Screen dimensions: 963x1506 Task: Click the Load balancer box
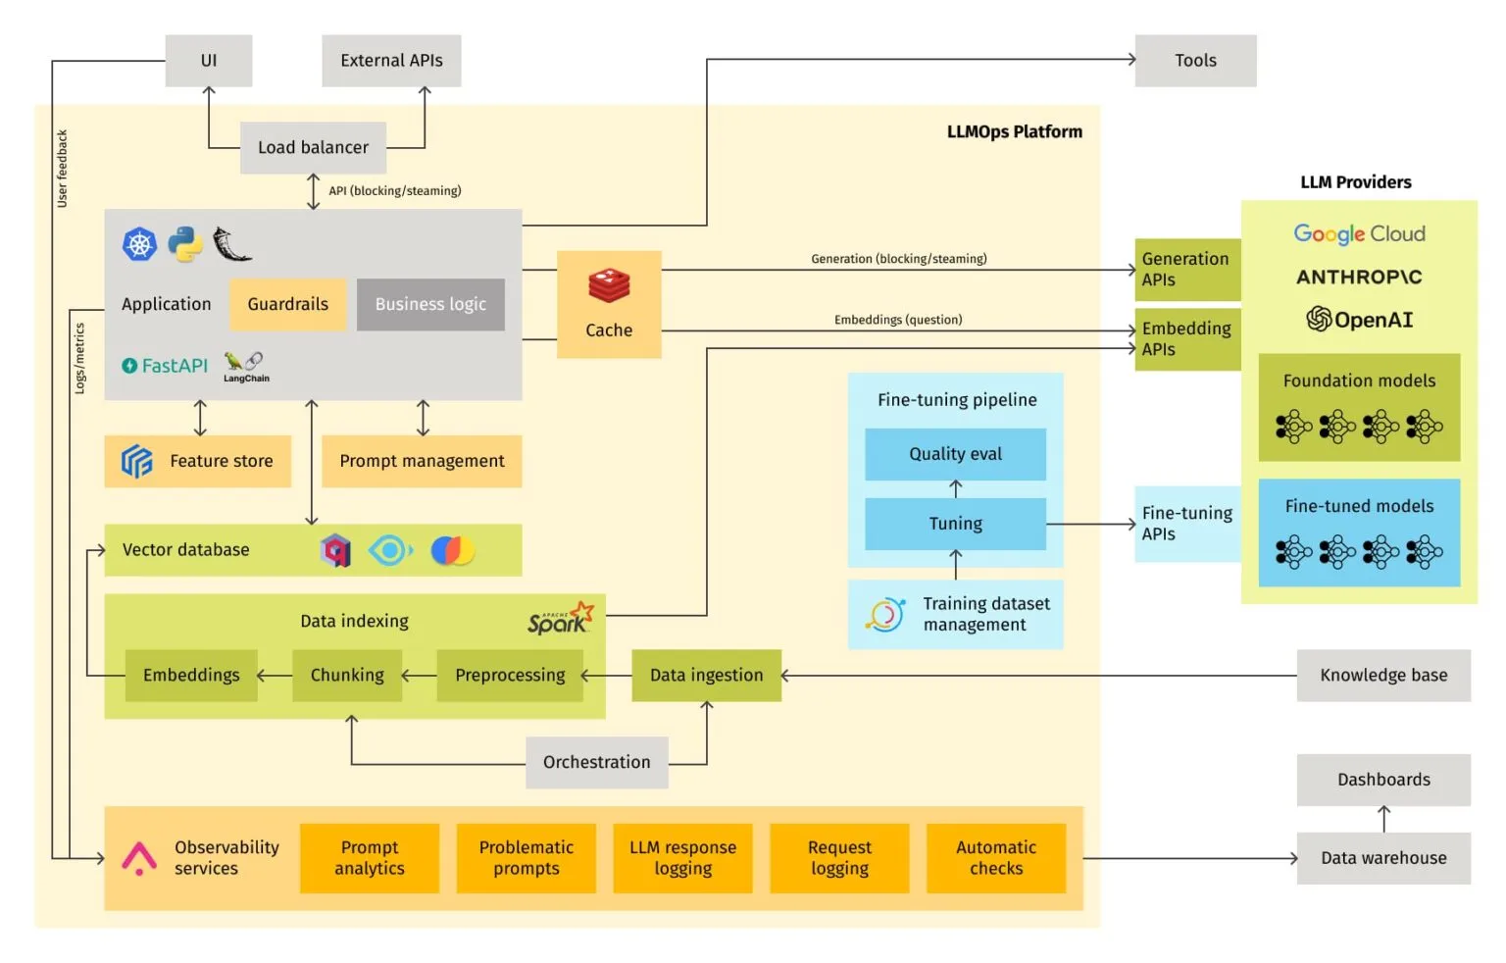[x=313, y=148]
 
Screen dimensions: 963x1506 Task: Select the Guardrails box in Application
[x=287, y=304]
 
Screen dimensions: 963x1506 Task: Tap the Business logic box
[x=430, y=304]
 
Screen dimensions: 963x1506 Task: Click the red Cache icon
[x=609, y=286]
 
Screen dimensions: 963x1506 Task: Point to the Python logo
[x=185, y=244]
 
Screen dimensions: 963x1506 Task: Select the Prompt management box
[x=422, y=461]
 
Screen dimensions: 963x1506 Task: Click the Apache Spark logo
[x=560, y=619]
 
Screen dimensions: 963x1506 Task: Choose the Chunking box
[x=347, y=675]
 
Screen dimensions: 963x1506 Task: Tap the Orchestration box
[x=596, y=762]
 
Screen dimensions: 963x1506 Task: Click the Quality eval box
[x=955, y=454]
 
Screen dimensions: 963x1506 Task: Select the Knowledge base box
[x=1382, y=675]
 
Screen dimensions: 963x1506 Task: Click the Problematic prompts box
[x=526, y=858]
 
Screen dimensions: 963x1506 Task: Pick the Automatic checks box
[x=995, y=858]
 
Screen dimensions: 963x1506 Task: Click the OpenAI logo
[x=1359, y=320]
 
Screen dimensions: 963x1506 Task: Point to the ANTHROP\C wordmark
[x=1359, y=278]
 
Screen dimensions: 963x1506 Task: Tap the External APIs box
[x=391, y=61]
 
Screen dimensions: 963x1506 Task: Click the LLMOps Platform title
[x=1014, y=131]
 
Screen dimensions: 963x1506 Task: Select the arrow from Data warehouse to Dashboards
[x=1383, y=819]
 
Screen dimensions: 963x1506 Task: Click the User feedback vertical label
[x=62, y=169]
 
